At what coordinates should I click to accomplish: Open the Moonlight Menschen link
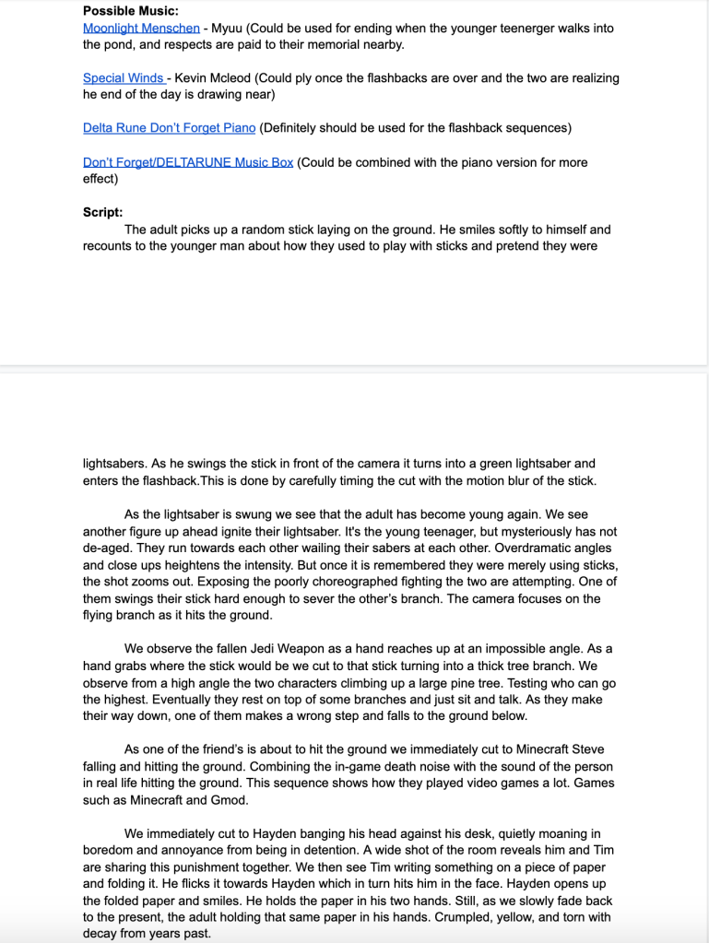coord(141,28)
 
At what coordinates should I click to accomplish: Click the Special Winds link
coord(124,77)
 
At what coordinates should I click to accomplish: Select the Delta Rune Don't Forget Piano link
coord(169,127)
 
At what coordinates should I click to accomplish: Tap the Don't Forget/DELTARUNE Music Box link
coord(188,162)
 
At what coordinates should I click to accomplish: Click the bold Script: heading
coord(102,211)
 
